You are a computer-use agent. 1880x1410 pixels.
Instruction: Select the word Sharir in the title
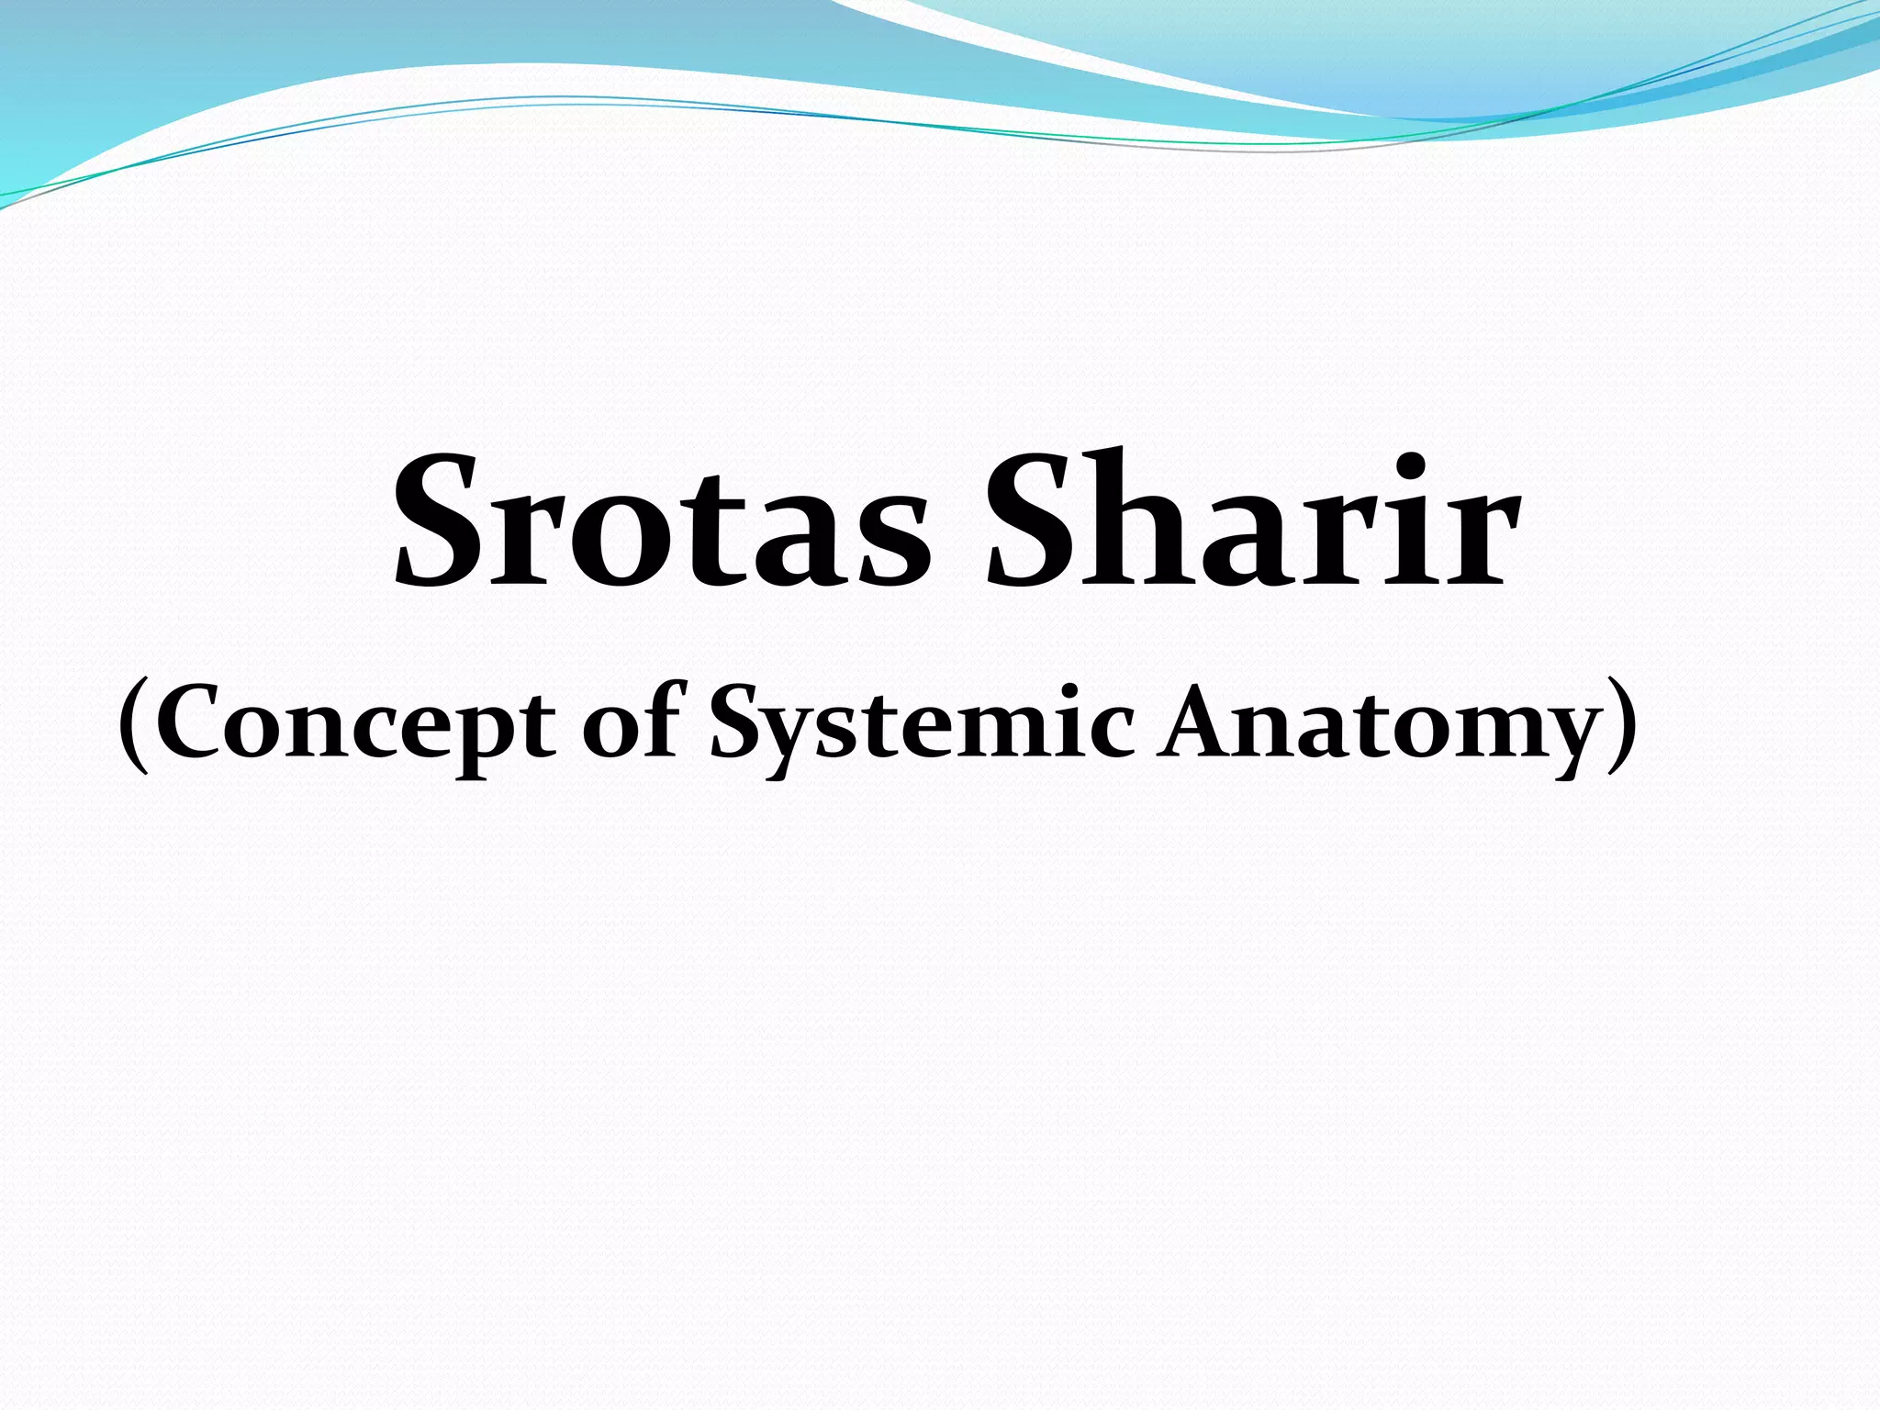[1248, 523]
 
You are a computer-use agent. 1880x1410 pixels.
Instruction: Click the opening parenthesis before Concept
[135, 725]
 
